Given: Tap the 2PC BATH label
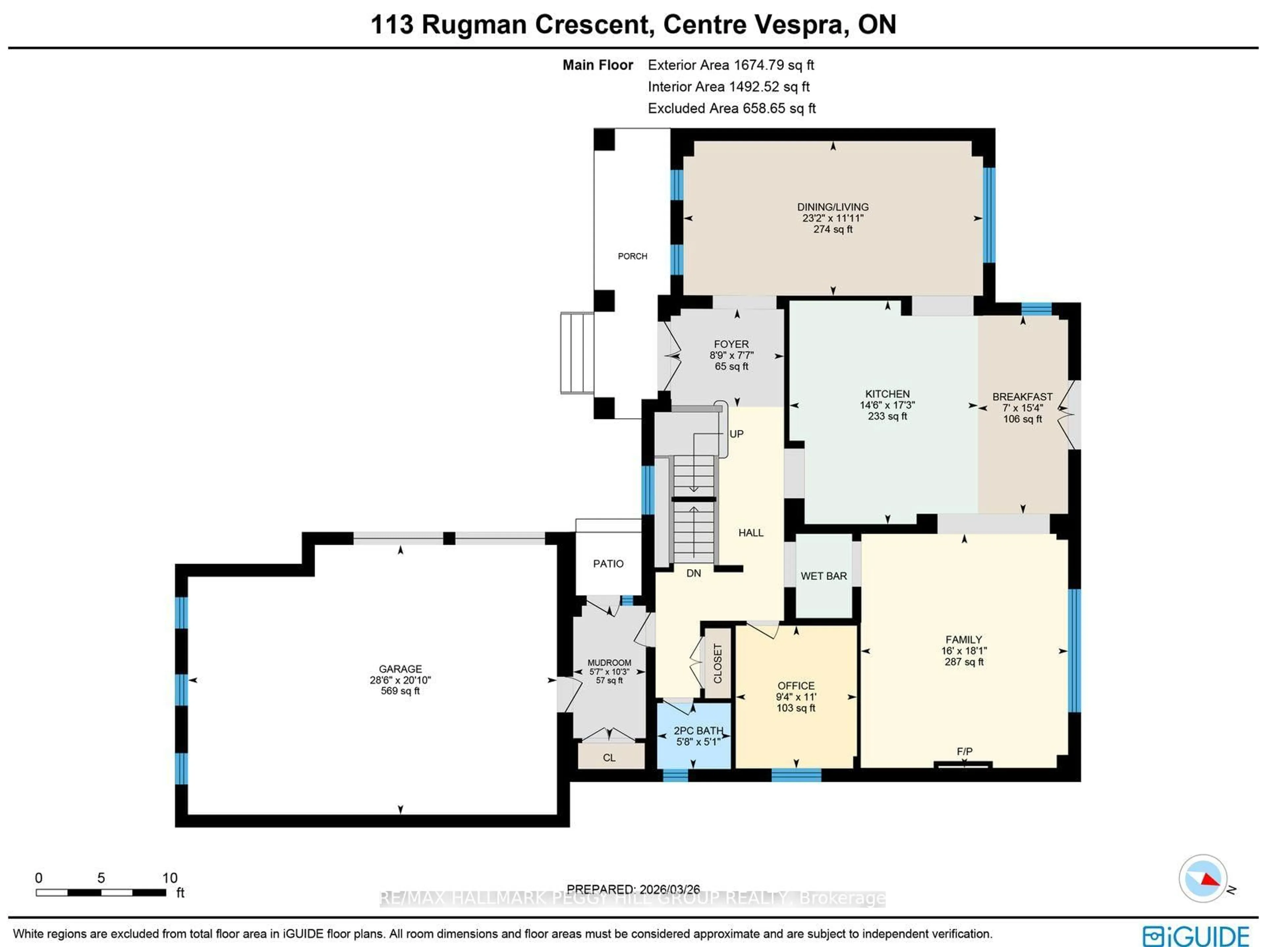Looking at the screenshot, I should (x=698, y=730).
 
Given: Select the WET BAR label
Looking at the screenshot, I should (x=824, y=576).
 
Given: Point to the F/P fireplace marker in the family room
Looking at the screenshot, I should (x=964, y=751).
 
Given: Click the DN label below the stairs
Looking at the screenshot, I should (x=693, y=573).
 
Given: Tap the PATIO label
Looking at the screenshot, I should (x=608, y=564).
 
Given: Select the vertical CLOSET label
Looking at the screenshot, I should (x=718, y=663).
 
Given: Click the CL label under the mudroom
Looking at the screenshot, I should (x=609, y=758).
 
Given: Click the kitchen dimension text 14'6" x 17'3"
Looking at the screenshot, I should (x=887, y=405).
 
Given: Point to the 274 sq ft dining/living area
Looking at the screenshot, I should (x=833, y=229).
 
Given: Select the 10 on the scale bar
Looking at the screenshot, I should (x=170, y=878).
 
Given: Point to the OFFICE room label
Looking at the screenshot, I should (x=796, y=686).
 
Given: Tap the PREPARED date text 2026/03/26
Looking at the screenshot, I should (x=669, y=889).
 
